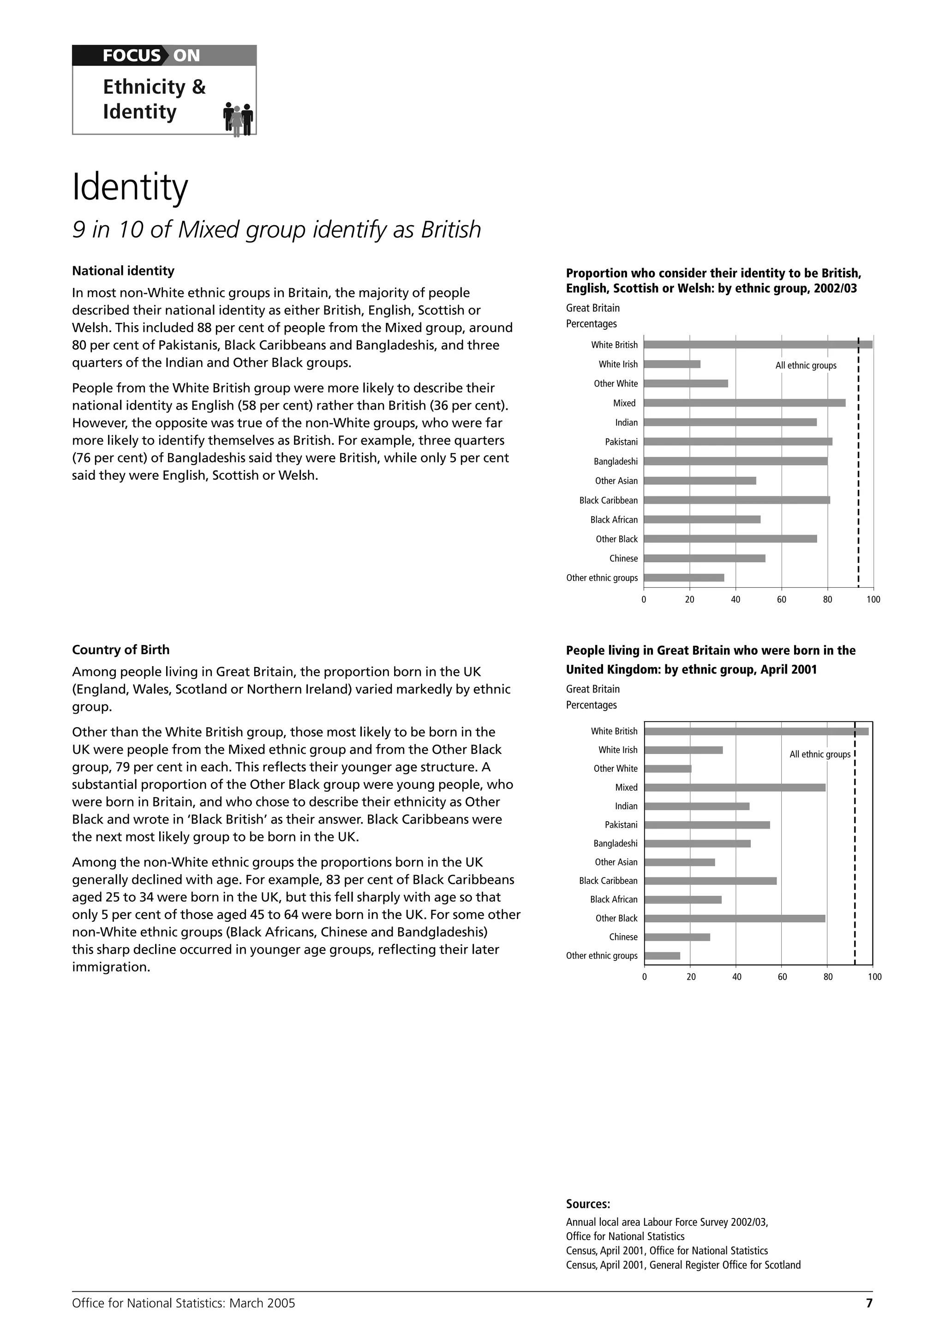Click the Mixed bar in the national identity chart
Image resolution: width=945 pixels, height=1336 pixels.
tap(744, 403)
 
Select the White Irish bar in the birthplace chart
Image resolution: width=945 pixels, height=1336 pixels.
tap(684, 750)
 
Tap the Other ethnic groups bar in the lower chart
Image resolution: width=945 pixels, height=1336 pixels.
tap(662, 955)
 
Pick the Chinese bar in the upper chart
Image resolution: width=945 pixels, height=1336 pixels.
tap(704, 558)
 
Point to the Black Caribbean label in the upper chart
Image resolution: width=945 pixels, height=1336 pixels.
tap(608, 501)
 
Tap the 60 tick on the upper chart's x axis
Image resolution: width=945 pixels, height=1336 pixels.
tap(782, 599)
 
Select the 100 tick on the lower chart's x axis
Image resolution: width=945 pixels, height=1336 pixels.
tap(874, 977)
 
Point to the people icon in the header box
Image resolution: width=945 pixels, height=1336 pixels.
tap(238, 119)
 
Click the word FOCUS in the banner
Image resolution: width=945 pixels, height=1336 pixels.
tap(131, 56)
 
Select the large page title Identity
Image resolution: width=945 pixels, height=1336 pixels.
tap(130, 187)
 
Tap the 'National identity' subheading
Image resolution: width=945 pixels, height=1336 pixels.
tap(123, 271)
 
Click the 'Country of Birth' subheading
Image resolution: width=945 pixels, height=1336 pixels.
tap(120, 650)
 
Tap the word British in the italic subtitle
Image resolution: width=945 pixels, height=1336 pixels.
tap(451, 229)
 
